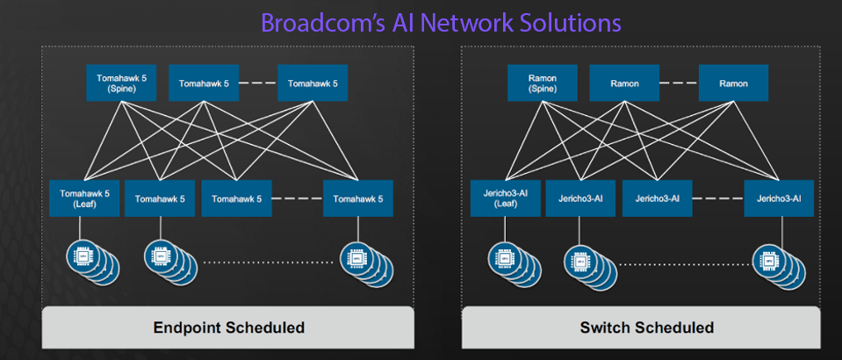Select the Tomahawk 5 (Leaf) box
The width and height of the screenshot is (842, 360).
coord(80,198)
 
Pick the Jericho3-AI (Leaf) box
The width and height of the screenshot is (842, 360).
coord(505,198)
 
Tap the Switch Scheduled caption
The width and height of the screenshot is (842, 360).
coord(647,328)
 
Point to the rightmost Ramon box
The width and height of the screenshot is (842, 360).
coord(733,83)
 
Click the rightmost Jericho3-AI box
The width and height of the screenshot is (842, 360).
coord(779,198)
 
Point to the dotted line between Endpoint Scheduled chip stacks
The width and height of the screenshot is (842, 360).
coord(269,262)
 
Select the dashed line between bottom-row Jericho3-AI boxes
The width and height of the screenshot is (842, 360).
coord(717,198)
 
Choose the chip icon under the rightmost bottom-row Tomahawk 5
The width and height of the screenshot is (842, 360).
coord(356,258)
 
